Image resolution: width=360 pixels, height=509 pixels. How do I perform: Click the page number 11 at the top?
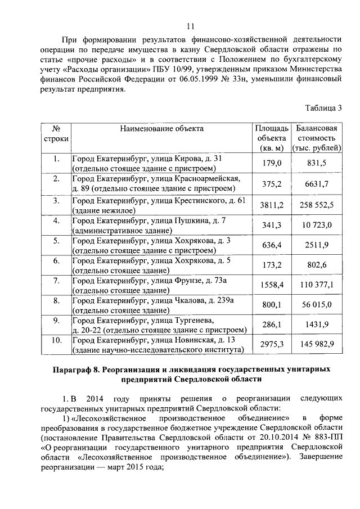coord(190,25)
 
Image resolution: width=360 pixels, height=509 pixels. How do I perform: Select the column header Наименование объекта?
coord(161,128)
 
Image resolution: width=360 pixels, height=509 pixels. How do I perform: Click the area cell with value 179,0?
coord(272,163)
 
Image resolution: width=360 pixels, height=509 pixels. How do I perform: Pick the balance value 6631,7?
coord(317,184)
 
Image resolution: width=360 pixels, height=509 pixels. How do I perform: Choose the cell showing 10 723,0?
coord(317,226)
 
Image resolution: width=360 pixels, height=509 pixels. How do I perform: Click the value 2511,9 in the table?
coord(317,246)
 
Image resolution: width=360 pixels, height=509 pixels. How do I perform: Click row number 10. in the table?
coord(56,340)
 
